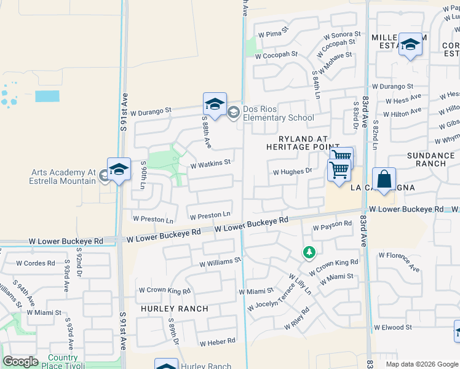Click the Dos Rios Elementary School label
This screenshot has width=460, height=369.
point(278,113)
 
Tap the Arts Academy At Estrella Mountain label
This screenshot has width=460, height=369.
point(62,177)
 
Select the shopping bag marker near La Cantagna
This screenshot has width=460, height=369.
point(384,180)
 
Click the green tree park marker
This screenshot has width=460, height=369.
point(309,252)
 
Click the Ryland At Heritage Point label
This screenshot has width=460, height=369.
point(298,143)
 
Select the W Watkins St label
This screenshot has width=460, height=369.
point(210,164)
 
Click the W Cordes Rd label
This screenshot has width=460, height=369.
point(39,263)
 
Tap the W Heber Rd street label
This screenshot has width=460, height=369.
point(217,341)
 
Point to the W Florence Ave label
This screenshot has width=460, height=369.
point(399,261)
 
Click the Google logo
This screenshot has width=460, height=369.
point(20,362)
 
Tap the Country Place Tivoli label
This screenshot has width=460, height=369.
point(63,362)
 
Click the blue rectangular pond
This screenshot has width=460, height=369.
point(47,96)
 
